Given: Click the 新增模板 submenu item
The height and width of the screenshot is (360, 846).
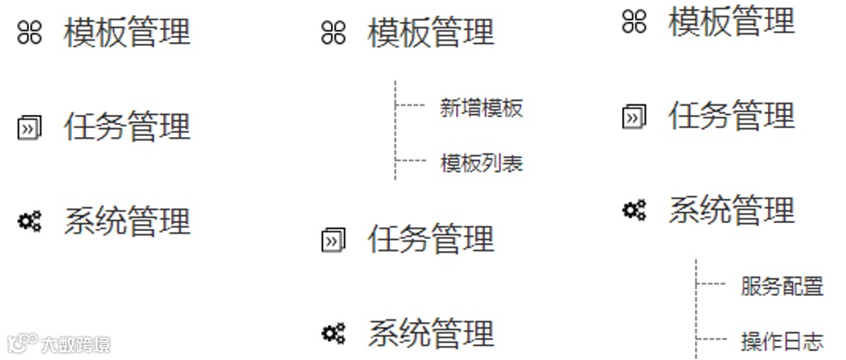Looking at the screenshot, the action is pos(481,108).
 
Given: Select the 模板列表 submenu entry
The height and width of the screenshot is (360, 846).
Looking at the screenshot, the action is pos(481,162).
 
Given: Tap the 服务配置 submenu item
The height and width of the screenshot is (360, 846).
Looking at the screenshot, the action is pos(781,285).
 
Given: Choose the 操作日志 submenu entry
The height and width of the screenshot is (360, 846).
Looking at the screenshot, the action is pos(781,340).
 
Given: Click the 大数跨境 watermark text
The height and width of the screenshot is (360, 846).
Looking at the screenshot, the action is pos(76,343).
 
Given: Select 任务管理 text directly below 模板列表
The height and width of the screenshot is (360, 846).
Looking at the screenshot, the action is pos(430,239).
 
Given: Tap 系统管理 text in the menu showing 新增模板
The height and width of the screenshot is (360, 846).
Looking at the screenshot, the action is pos(430,334).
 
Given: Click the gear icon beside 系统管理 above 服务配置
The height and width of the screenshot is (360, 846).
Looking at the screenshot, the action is pos(633,210).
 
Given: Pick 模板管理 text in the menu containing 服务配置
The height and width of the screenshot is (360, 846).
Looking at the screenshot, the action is pos(731,21).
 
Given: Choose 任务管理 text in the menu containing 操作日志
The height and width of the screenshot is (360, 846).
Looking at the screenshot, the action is pos(731,116).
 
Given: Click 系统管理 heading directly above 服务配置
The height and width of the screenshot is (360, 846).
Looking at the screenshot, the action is pos(731,211).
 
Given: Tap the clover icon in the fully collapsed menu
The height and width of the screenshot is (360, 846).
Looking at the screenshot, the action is pos(30,33).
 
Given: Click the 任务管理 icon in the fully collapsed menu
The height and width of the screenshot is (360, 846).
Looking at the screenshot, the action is pos(30,128).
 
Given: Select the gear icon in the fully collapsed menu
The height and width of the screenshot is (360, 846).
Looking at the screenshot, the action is pos(30,221).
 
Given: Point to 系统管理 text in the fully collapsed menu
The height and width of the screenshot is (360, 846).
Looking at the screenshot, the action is pos(127,221).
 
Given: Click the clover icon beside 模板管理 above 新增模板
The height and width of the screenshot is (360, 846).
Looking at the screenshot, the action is pos(334,34).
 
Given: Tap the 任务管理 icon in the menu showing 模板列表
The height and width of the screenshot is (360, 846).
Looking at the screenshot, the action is pos(334,240).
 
